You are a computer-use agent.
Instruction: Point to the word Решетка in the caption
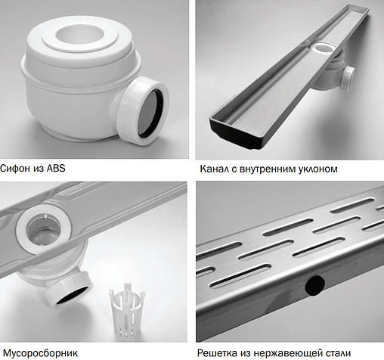(220, 352)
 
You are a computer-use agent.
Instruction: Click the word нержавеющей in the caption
(290, 352)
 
